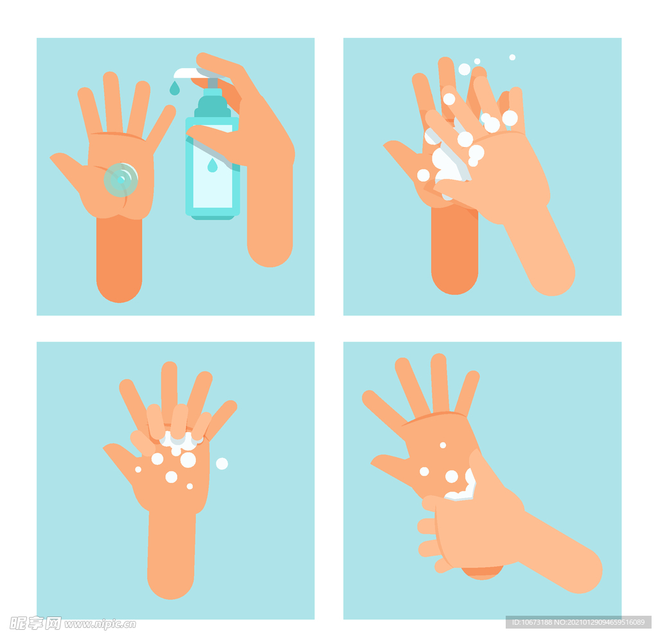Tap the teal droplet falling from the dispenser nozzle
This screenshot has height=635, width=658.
[x=175, y=89]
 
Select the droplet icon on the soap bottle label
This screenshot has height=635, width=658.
[x=212, y=165]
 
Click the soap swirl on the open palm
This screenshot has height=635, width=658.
[x=121, y=180]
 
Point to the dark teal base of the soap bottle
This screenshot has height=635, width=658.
[x=213, y=217]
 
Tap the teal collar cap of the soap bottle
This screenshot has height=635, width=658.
[x=212, y=107]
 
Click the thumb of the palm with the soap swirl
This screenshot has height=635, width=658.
[x=67, y=168]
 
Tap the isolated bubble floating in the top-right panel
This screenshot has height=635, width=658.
[x=512, y=57]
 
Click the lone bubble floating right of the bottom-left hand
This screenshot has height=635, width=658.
[x=222, y=464]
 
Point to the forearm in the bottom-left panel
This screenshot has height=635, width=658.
[x=171, y=553]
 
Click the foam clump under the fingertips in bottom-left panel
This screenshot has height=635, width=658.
[x=181, y=440]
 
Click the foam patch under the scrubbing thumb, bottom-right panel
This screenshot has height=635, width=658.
[x=461, y=489]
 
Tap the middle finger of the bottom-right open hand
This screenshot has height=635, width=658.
[x=440, y=384]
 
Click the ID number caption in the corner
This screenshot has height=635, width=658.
[x=578, y=622]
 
